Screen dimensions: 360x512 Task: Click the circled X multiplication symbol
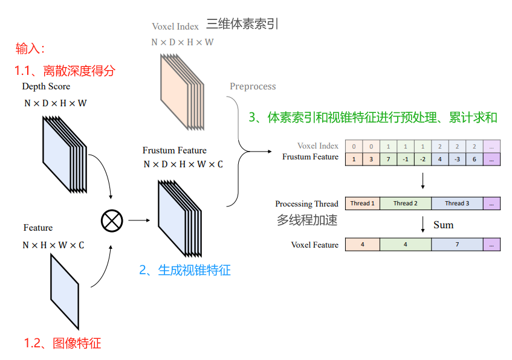(x=112, y=220)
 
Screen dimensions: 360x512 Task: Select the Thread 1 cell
(x=363, y=204)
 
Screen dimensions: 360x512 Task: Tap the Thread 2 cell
(x=406, y=204)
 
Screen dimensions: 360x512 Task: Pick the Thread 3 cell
(x=457, y=204)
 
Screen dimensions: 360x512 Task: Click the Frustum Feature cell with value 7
(x=388, y=159)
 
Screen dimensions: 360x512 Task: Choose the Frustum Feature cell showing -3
(x=458, y=159)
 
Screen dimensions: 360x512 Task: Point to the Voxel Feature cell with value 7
(x=457, y=245)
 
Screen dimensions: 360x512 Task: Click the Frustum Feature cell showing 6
(x=475, y=159)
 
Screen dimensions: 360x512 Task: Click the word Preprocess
(x=253, y=86)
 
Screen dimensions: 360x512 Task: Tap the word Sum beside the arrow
(x=443, y=225)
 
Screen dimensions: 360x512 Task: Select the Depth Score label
(x=46, y=86)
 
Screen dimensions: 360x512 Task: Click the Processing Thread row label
(x=306, y=204)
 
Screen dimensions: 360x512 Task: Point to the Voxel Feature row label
(x=314, y=245)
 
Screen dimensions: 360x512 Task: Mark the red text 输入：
(x=30, y=48)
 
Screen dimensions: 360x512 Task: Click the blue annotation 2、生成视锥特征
(x=185, y=270)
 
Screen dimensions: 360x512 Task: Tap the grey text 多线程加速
(x=307, y=220)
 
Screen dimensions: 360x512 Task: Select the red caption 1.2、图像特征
(x=62, y=344)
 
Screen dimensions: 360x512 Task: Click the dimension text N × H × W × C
(x=53, y=245)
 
